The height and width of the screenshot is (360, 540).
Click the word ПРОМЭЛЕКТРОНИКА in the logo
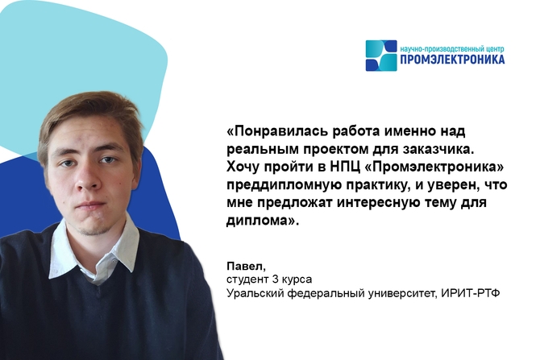coord(452,60)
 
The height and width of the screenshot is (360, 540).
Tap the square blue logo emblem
coord(381,56)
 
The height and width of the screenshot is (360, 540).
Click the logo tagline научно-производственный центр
coord(452,49)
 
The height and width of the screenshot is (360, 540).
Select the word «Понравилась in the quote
coord(278,132)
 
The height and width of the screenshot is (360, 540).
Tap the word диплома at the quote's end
coord(258,221)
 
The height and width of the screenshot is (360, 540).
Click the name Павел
coord(247,267)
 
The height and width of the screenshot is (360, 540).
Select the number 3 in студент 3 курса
coord(275,279)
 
